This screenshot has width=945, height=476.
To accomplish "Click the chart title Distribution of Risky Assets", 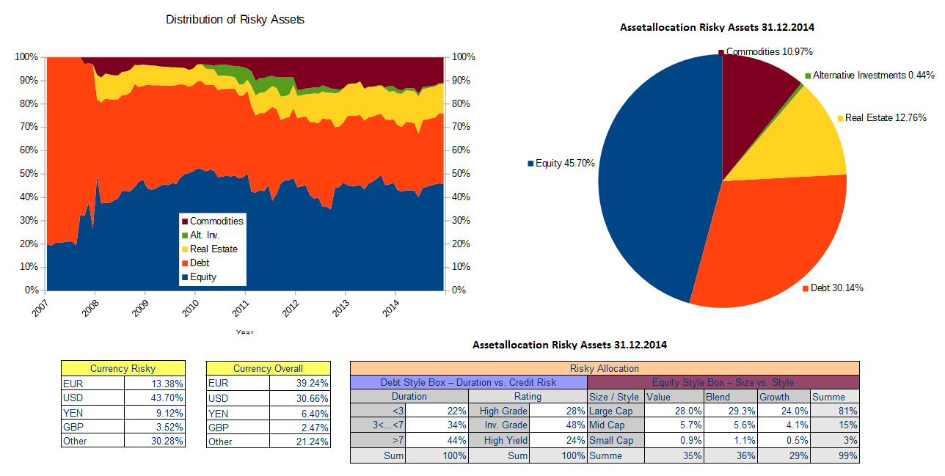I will click(x=235, y=20).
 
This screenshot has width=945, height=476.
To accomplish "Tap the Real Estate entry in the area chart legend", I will click(x=214, y=249).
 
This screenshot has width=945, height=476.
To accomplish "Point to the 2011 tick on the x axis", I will click(x=245, y=307).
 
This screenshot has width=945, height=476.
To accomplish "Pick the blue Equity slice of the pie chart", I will click(x=646, y=183).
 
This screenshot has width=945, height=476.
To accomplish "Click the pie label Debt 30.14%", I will click(x=836, y=288).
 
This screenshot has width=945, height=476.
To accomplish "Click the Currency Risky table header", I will click(x=123, y=368).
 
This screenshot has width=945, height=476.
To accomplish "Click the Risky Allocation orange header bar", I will click(x=604, y=368).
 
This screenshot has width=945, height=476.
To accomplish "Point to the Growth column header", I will click(x=784, y=397).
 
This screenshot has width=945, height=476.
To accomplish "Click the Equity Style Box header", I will click(x=723, y=382).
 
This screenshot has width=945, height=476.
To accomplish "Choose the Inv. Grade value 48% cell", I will click(x=558, y=426).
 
